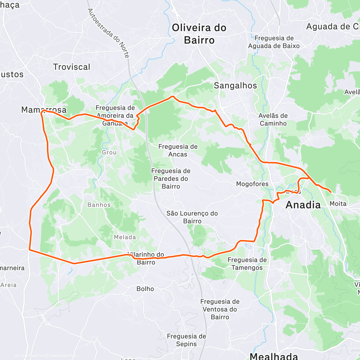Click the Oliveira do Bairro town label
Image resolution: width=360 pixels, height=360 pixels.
pyautogui.click(x=199, y=34)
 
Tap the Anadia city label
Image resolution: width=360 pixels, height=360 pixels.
pyautogui.click(x=303, y=205)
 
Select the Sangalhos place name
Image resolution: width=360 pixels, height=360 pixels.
pyautogui.click(x=235, y=86)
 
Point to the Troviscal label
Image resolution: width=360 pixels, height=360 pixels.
pyautogui.click(x=71, y=67)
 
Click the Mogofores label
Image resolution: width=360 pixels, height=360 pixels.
pyautogui.click(x=252, y=184)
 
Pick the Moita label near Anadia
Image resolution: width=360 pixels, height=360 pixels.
pyautogui.click(x=338, y=204)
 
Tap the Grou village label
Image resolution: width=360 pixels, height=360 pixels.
pyautogui.click(x=109, y=152)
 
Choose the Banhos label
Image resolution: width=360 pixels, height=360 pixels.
pyautogui.click(x=99, y=205)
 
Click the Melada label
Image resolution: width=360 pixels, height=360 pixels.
pyautogui.click(x=125, y=237)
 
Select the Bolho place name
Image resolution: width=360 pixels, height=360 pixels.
pyautogui.click(x=145, y=289)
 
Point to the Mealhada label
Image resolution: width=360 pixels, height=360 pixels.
pyautogui.click(x=274, y=356)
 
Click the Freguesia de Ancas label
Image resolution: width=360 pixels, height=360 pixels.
pyautogui.click(x=178, y=150)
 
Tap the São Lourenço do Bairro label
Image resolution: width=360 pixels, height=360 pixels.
pyautogui.click(x=192, y=217)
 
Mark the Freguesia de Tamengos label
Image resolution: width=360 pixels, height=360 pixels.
pyautogui.click(x=247, y=264)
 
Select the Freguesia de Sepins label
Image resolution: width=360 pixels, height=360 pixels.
pyautogui.click(x=186, y=340)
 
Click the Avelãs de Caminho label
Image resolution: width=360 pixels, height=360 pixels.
pyautogui.click(x=273, y=119)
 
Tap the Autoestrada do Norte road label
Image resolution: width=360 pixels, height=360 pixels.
pyautogui.click(x=108, y=33)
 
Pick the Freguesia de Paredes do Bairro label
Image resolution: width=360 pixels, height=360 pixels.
pyautogui.click(x=171, y=178)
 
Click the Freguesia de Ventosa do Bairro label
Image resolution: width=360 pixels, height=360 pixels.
pyautogui.click(x=220, y=309)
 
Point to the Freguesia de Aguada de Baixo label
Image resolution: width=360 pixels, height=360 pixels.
pyautogui.click(x=274, y=42)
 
